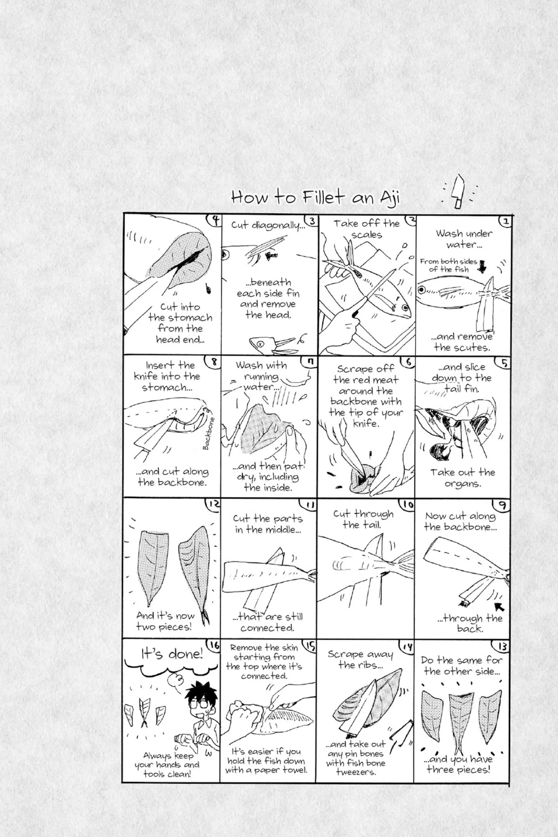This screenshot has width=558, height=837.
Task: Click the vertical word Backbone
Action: [209, 433]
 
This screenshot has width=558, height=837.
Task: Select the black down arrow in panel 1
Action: [483, 266]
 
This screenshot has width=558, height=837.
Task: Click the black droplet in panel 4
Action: [208, 289]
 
